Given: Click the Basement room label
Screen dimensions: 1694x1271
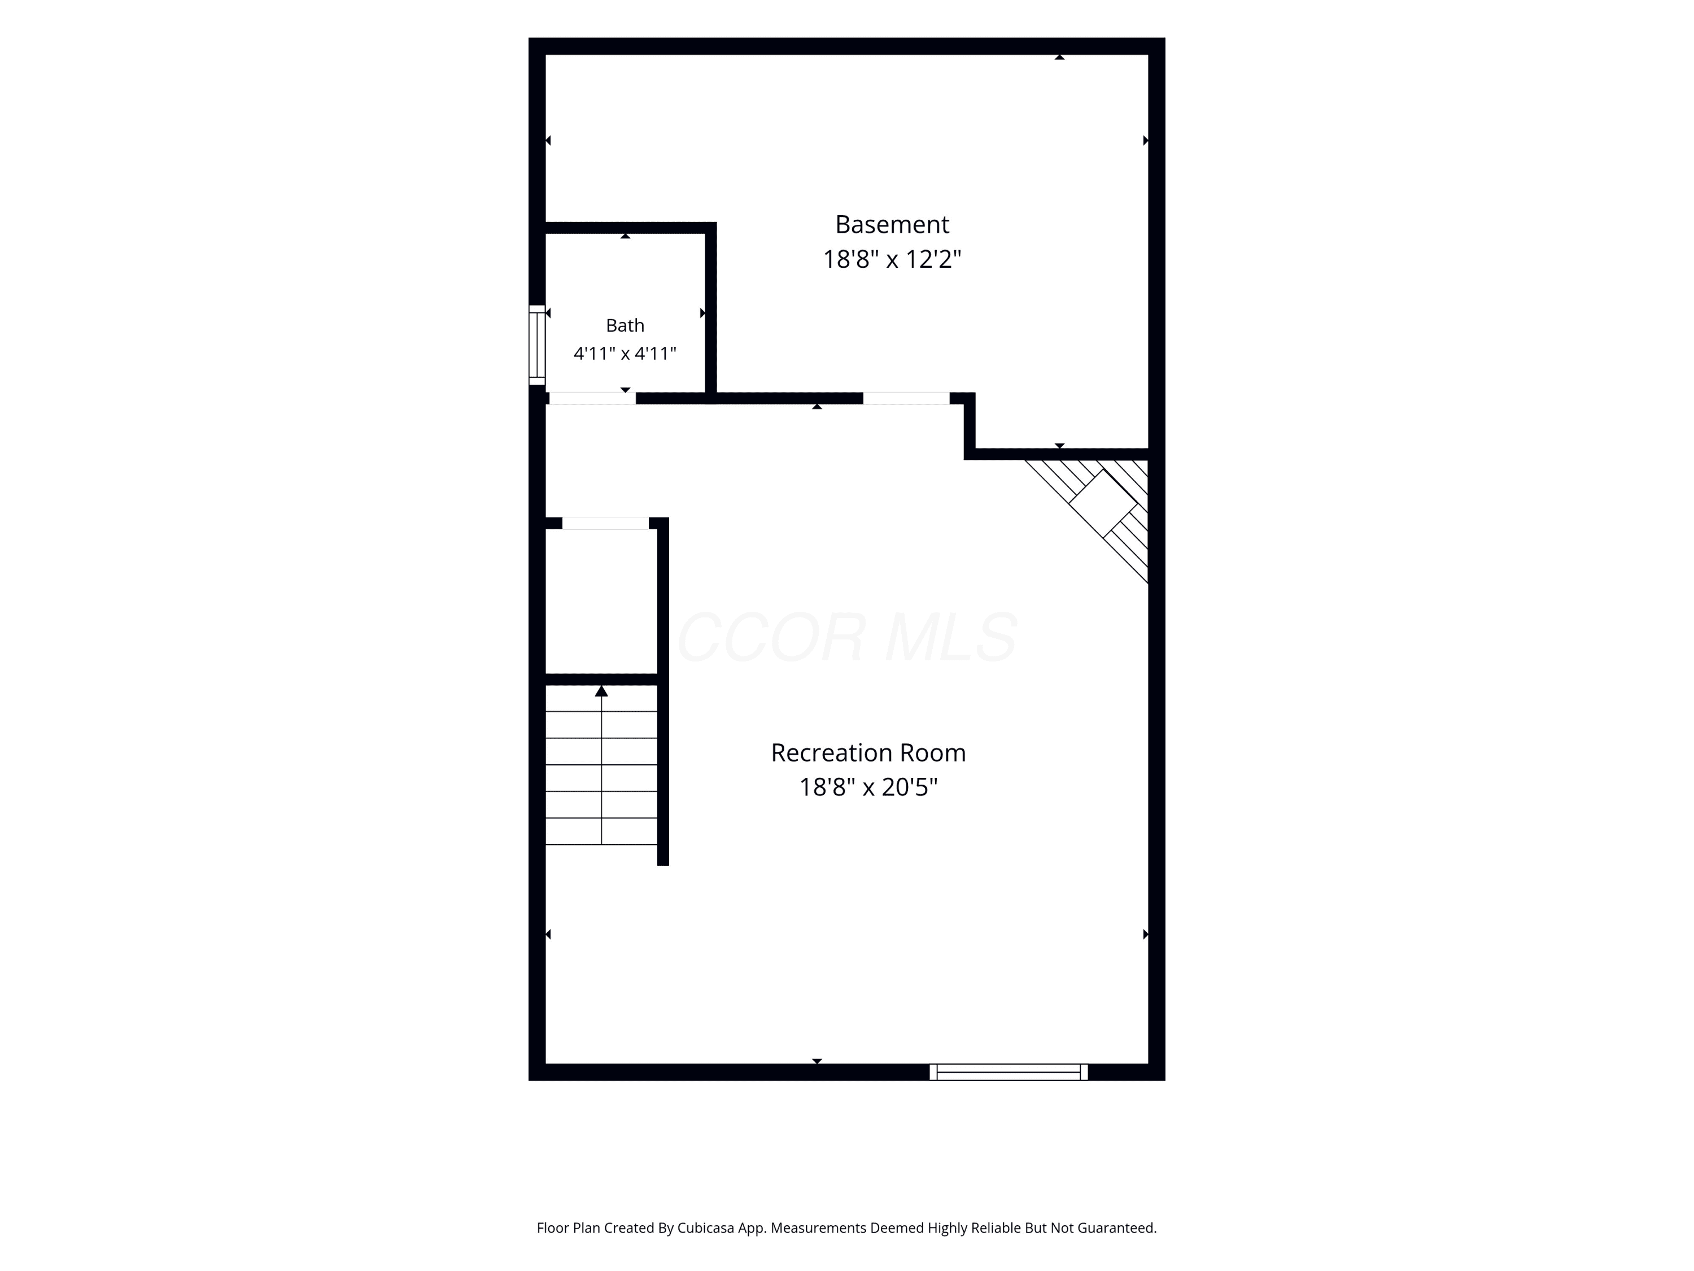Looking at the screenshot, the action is (x=892, y=224).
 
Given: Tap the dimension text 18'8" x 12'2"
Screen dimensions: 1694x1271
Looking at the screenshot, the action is (x=892, y=259).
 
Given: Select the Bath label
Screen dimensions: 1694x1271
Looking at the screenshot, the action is (x=625, y=325).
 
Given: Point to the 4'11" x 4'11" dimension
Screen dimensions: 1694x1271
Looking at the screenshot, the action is (x=625, y=353).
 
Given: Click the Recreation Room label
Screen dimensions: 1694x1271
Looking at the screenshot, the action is (x=868, y=752).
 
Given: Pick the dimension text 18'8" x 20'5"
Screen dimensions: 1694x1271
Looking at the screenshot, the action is (x=868, y=787).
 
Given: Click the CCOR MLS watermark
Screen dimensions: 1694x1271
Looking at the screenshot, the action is (x=847, y=637).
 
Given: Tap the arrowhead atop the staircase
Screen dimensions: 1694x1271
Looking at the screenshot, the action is (x=601, y=691).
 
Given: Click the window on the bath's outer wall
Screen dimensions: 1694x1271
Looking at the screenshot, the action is (x=537, y=345).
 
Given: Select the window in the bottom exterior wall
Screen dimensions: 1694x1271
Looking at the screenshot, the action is (x=1008, y=1072).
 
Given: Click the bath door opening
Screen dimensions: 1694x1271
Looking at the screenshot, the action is (x=592, y=398).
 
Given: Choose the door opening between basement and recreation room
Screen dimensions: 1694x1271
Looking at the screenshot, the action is (x=906, y=398).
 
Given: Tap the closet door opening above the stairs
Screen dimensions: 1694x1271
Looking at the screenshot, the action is (x=605, y=523).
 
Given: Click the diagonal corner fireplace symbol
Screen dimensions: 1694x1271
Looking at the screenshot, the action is (x=1102, y=503).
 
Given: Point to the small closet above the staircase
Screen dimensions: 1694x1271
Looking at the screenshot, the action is (x=601, y=602).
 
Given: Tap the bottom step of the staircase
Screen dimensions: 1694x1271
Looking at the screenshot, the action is (x=601, y=832).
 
